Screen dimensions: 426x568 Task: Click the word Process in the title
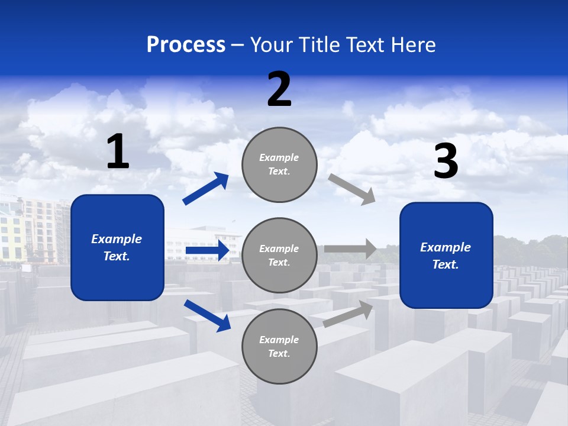tap(186, 45)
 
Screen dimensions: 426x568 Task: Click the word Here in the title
tap(414, 45)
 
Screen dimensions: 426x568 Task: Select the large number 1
tap(118, 152)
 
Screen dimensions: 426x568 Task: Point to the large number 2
tap(279, 89)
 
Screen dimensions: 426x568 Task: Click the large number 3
tap(446, 162)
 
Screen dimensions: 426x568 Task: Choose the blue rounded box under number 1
tap(117, 247)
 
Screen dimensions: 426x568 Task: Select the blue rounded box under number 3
tap(446, 256)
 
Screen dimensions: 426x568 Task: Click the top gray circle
tap(279, 164)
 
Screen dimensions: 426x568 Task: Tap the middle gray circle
tap(279, 256)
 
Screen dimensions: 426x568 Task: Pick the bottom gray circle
tap(279, 346)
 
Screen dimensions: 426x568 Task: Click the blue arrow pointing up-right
tap(206, 189)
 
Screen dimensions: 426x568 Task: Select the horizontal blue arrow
tap(207, 251)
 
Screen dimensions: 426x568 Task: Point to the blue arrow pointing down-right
tap(207, 315)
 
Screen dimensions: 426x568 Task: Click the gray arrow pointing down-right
tap(352, 189)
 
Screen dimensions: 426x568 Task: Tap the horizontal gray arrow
tap(350, 248)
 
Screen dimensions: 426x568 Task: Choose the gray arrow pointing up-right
tap(348, 314)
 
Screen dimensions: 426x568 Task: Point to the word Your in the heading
tap(272, 45)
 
